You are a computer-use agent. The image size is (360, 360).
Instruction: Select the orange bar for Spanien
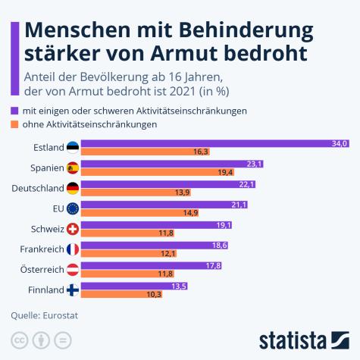[147, 173]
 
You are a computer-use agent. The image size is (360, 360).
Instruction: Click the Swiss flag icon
[73, 230]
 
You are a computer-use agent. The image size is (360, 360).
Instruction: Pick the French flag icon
[73, 249]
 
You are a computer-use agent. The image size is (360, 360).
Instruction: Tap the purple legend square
[15, 111]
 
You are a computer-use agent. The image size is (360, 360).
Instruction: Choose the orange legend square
[15, 124]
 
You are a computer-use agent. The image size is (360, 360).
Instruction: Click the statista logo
[303, 338]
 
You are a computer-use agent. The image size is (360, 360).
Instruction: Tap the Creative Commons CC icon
[17, 338]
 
